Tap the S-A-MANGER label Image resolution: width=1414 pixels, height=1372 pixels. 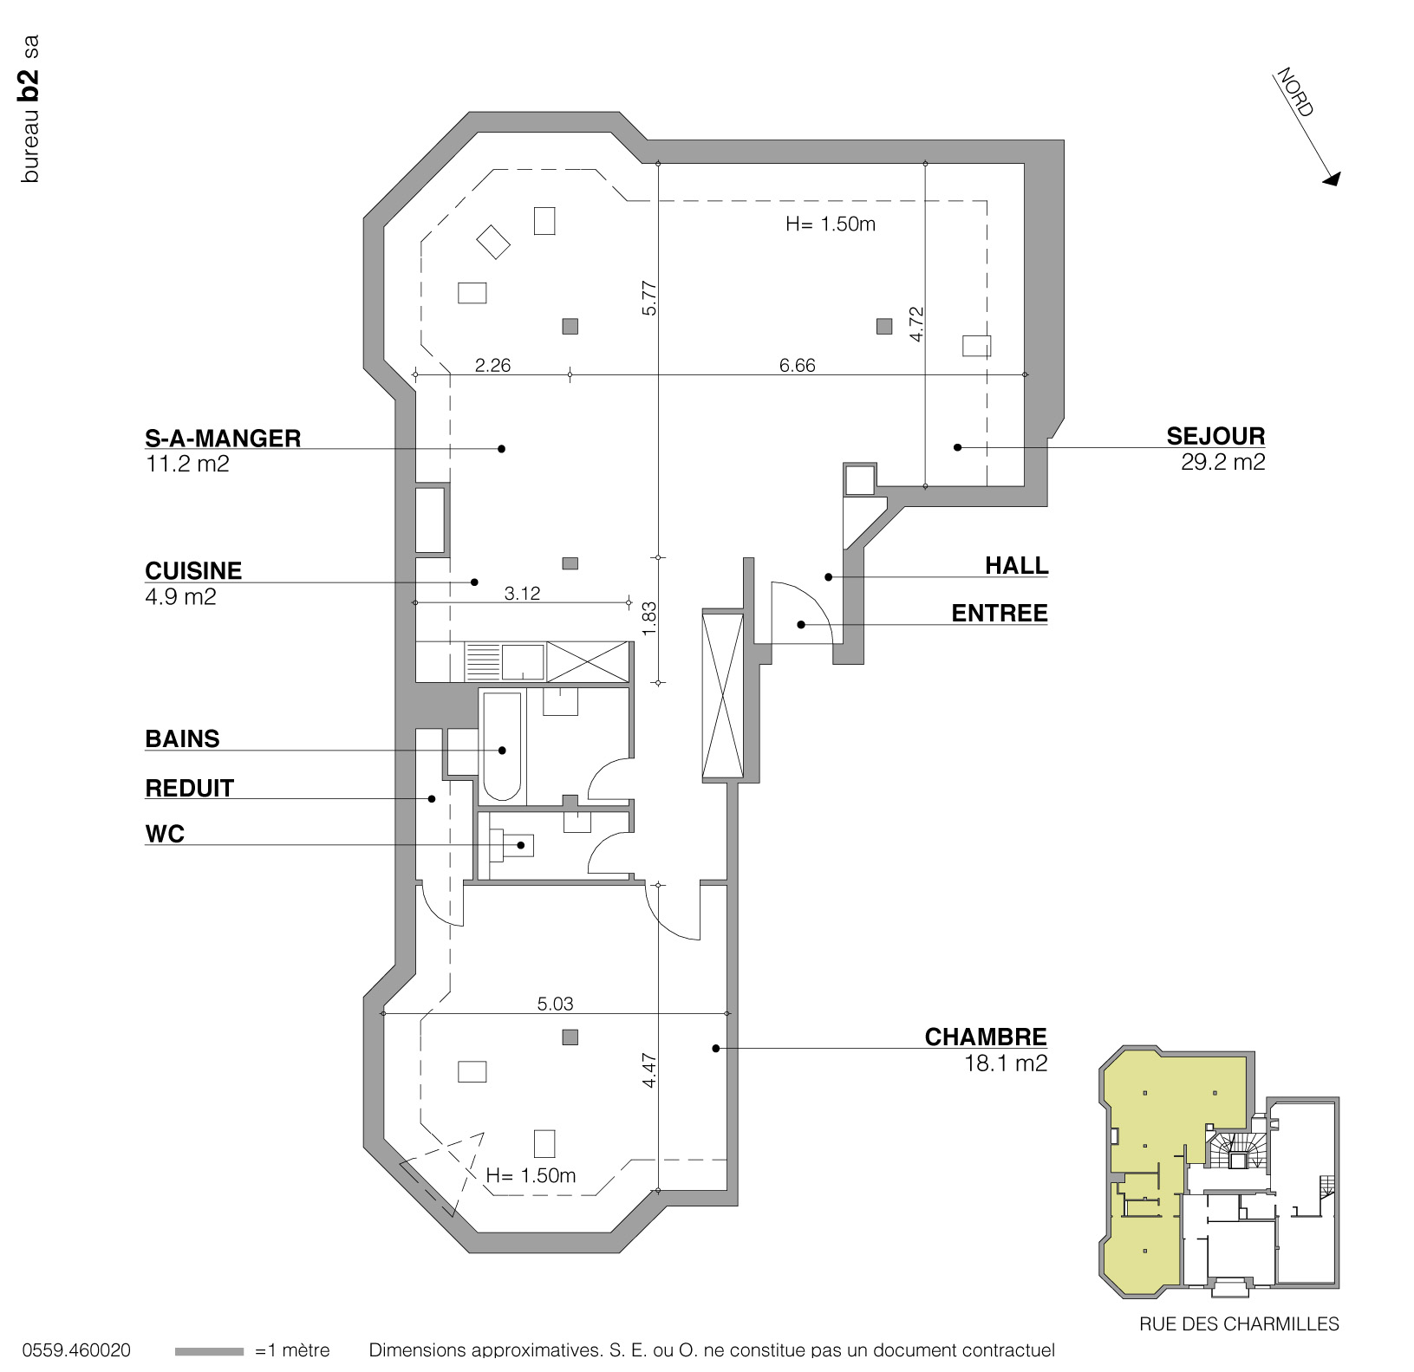(223, 438)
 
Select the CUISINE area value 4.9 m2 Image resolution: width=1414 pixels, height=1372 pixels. (180, 596)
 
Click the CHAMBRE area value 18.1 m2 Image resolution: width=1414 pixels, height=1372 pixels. (1005, 1063)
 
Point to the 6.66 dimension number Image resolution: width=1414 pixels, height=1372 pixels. (797, 365)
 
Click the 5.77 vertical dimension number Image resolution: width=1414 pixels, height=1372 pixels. (650, 297)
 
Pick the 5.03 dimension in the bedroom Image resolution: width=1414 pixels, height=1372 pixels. (555, 1004)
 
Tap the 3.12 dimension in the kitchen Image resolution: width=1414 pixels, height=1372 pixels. (522, 593)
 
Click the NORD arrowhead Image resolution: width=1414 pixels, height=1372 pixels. (1332, 178)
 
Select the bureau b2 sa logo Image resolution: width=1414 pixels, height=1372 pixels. (30, 108)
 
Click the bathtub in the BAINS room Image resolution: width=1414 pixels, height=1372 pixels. (502, 745)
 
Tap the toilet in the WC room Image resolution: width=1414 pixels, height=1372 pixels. (512, 844)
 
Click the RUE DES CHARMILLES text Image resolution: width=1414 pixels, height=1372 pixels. (1238, 1324)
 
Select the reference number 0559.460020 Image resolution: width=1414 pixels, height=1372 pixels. (76, 1350)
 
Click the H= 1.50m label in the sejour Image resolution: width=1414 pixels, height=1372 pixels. (830, 224)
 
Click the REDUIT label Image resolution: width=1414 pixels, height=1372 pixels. (189, 788)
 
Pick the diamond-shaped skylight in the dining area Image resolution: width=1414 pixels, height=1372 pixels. (494, 241)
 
